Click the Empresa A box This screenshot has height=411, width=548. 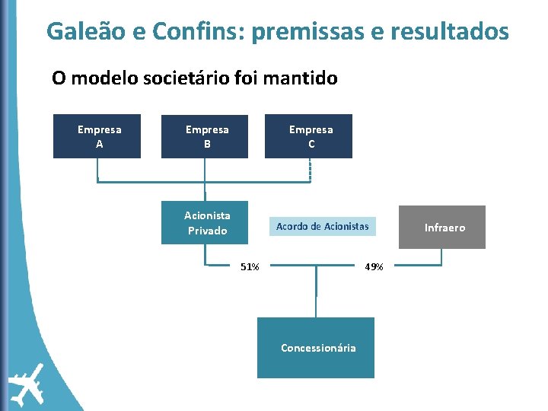(97, 136)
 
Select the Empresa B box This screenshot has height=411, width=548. (205, 136)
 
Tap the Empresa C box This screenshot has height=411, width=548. (308, 136)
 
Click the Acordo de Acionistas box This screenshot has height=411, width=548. (322, 226)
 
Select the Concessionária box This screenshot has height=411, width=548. (316, 348)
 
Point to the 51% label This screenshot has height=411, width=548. (250, 267)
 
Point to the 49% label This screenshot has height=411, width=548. (374, 267)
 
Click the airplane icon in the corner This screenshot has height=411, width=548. (27, 384)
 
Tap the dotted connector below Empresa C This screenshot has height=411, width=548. (310, 170)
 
